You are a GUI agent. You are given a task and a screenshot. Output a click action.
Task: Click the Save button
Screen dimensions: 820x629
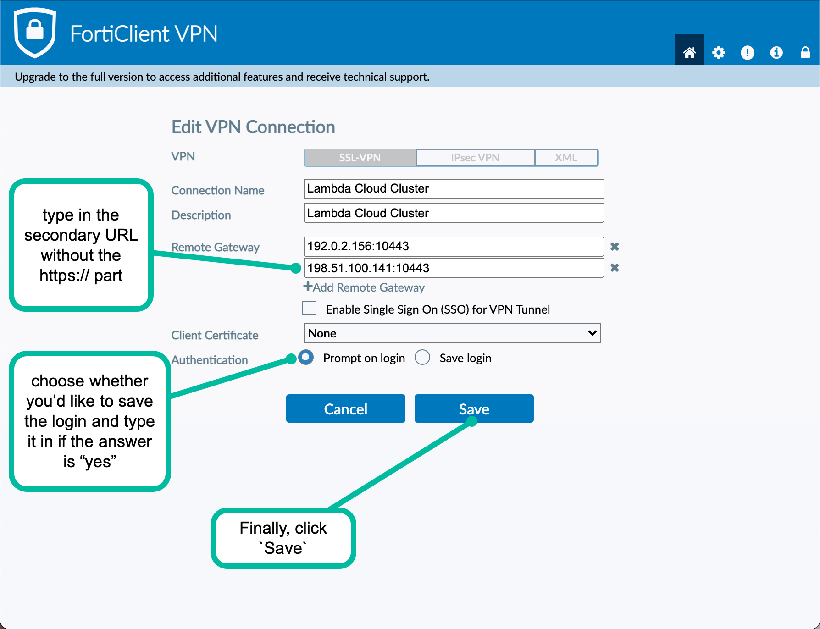[x=474, y=408]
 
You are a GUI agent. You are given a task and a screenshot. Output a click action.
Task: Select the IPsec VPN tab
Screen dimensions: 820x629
[x=475, y=158]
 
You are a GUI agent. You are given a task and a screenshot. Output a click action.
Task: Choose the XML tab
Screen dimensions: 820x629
[x=566, y=158]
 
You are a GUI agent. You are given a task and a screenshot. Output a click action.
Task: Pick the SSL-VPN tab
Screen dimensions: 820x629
[x=360, y=158]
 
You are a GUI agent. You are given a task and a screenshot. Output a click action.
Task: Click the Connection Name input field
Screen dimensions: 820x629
[x=454, y=189]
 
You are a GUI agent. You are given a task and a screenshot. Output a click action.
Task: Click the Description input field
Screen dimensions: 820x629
[x=454, y=213]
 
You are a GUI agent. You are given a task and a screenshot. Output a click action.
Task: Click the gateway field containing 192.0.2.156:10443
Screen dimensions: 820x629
[x=454, y=247]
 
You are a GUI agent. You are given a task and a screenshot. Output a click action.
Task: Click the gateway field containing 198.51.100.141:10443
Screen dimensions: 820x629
[x=454, y=268]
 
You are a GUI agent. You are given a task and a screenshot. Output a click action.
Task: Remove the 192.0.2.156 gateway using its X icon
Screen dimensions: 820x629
[x=615, y=247]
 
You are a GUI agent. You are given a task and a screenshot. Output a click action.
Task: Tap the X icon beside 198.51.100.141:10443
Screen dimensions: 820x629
[x=615, y=268]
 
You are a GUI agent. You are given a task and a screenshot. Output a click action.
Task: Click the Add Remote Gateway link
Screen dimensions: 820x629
[x=364, y=287]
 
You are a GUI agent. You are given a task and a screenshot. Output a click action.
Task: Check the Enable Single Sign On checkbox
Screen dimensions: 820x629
[x=309, y=308]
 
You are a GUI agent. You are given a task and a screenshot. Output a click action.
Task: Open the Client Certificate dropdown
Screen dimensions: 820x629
[x=452, y=333]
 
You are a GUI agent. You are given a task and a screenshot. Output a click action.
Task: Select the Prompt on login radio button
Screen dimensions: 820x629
[x=306, y=357]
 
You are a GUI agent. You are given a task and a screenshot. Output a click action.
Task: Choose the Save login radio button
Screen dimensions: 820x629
[x=422, y=357]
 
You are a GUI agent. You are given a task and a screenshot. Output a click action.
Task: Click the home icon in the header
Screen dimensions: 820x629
[x=690, y=52]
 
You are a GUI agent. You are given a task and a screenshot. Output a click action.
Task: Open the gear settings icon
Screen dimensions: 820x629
[x=719, y=53]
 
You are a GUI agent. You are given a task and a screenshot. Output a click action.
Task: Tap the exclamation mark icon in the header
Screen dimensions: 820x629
[x=748, y=53]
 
